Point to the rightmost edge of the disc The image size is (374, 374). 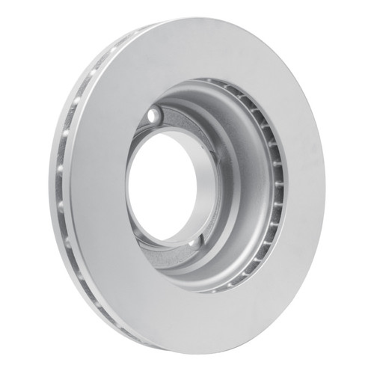325,187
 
